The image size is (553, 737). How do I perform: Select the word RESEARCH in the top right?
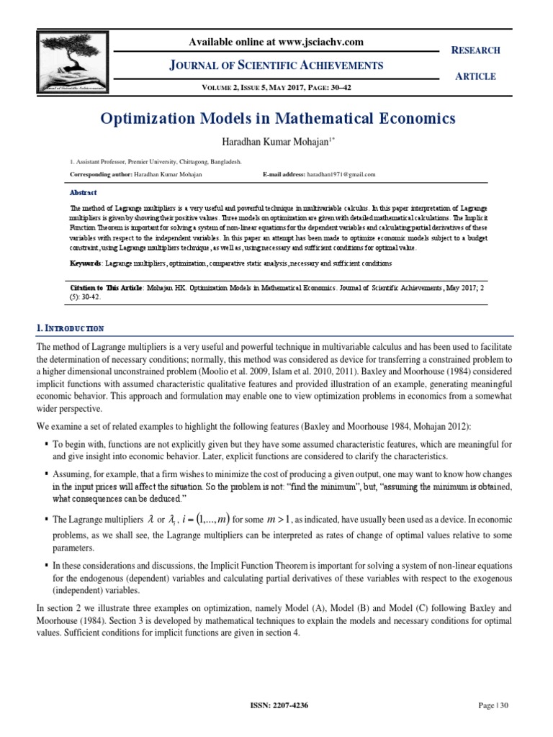pyautogui.click(x=475, y=50)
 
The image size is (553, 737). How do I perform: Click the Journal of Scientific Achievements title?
pyautogui.click(x=276, y=66)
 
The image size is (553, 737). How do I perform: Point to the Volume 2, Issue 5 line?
pyautogui.click(x=276, y=89)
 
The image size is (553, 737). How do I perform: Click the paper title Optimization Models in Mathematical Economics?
pyautogui.click(x=276, y=118)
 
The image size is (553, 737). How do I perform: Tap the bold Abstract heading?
pyautogui.click(x=83, y=193)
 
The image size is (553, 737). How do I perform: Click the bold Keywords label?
pyautogui.click(x=86, y=263)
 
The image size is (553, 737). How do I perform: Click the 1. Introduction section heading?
pyautogui.click(x=70, y=328)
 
